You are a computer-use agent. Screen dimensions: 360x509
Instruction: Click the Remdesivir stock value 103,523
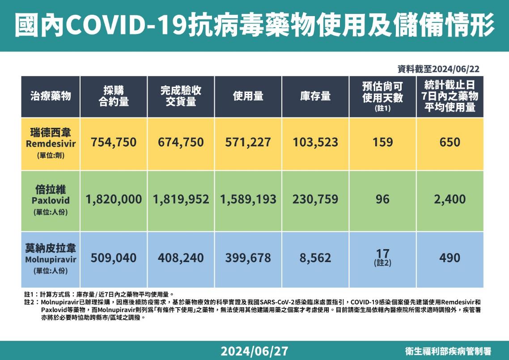(315, 143)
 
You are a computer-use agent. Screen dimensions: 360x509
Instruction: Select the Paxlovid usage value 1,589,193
(248, 199)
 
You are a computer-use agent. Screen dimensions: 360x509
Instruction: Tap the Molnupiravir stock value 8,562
(315, 258)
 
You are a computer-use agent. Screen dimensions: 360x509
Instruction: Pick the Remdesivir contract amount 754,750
(114, 143)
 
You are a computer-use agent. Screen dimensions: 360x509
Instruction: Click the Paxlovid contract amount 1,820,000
(114, 199)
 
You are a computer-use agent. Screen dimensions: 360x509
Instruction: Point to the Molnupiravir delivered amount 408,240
(181, 258)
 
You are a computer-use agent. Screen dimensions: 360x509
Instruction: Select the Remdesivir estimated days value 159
(382, 143)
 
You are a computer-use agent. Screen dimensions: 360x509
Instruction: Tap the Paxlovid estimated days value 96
(382, 199)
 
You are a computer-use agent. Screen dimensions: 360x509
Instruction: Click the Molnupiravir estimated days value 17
(382, 254)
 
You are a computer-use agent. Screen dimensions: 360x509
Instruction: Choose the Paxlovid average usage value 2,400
(450, 199)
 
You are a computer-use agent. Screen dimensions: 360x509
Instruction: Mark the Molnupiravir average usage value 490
(450, 258)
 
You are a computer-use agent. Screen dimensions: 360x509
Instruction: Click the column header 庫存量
(315, 96)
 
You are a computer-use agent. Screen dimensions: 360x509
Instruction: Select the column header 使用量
(248, 96)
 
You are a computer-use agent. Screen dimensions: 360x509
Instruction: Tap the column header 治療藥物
(51, 96)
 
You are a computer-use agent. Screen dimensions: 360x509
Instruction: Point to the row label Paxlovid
(51, 201)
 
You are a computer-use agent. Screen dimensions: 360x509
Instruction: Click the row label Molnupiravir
(51, 259)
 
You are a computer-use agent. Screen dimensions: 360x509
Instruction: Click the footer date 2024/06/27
(254, 351)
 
